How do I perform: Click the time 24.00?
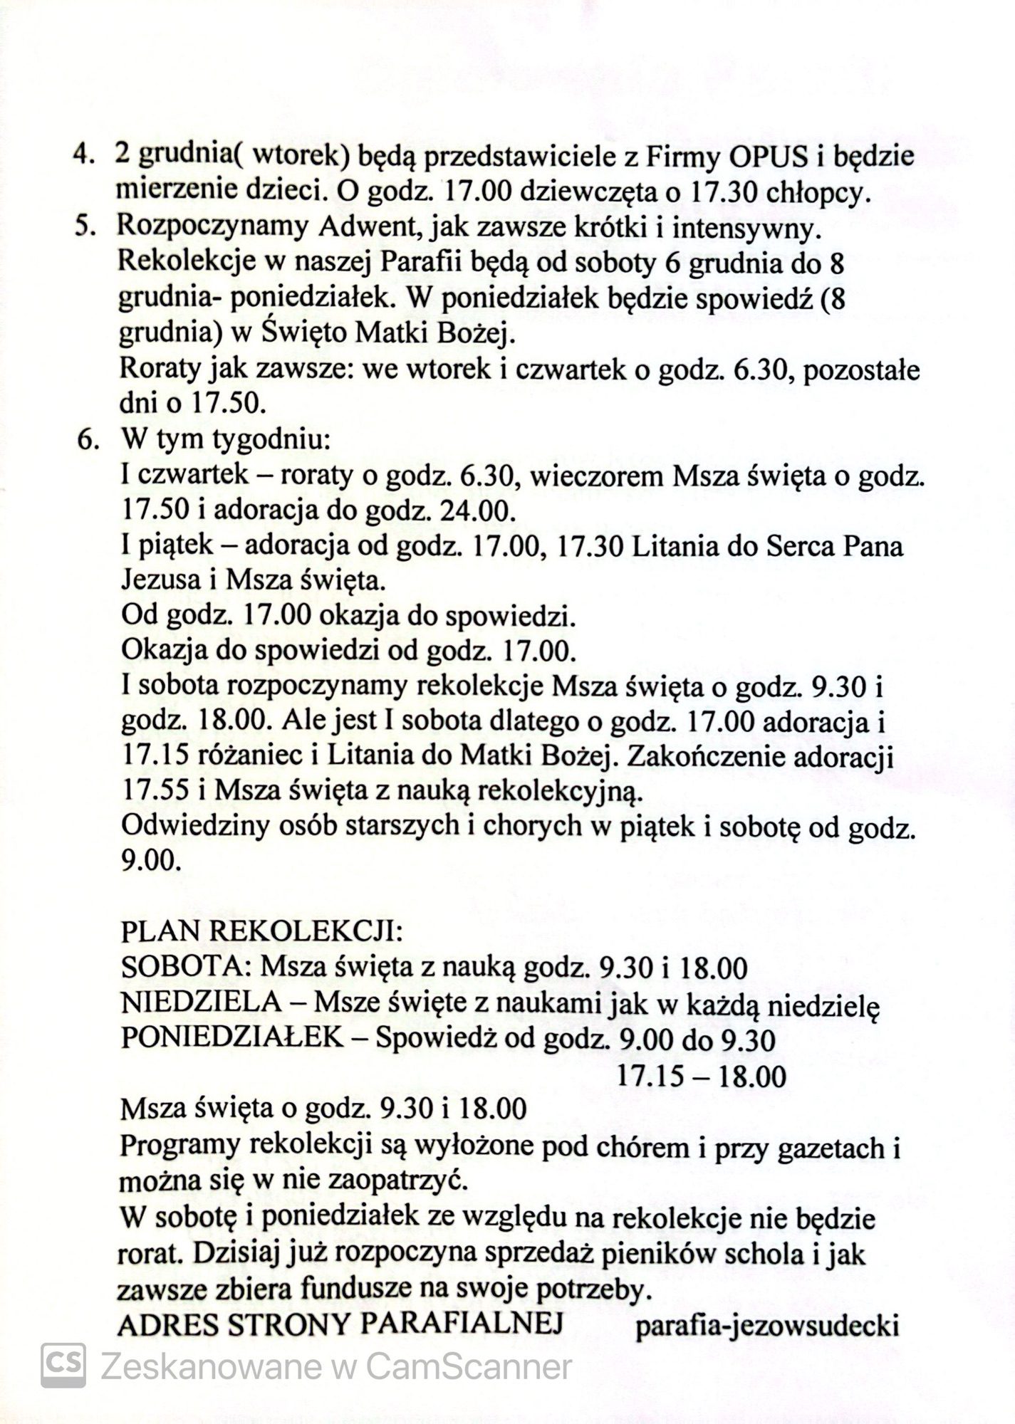coord(473,510)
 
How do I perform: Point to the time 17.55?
coord(157,792)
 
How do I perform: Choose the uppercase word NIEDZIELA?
coord(202,1002)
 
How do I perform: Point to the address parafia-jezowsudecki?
coord(767,1326)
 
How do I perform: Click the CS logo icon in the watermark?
coord(63,1365)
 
